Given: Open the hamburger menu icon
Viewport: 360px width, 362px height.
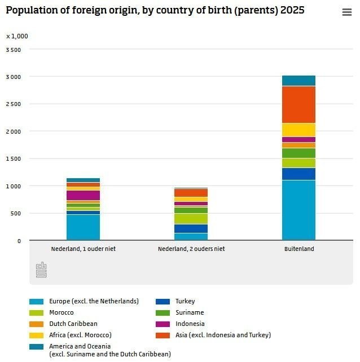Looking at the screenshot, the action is pyautogui.click(x=347, y=12).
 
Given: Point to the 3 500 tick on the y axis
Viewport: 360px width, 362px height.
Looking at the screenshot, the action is pyautogui.click(x=13, y=50).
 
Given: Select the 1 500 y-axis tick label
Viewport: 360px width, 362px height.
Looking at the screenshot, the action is pyautogui.click(x=13, y=159).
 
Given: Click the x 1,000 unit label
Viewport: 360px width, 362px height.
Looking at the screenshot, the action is pyautogui.click(x=17, y=36).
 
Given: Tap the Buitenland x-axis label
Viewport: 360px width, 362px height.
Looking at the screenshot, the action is pyautogui.click(x=299, y=249).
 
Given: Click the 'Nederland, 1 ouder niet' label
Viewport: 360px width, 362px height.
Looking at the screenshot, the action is pyautogui.click(x=83, y=249).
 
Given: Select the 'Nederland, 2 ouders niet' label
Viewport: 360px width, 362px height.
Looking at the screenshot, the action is pyautogui.click(x=191, y=249).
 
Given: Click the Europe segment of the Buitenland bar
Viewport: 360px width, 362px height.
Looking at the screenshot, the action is pyautogui.click(x=298, y=210).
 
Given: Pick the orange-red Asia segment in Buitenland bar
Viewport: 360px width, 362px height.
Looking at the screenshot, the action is pyautogui.click(x=298, y=104).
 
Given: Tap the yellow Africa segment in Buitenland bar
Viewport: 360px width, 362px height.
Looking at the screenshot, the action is pyautogui.click(x=298, y=130).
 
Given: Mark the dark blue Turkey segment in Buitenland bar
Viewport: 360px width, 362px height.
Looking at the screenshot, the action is pyautogui.click(x=298, y=174).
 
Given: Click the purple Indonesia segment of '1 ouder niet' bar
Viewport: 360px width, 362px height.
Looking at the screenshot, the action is pyautogui.click(x=83, y=195).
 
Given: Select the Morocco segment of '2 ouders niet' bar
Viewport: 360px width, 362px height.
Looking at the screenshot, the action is pyautogui.click(x=191, y=219).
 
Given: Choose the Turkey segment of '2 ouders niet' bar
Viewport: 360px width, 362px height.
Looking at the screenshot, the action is pyautogui.click(x=191, y=228).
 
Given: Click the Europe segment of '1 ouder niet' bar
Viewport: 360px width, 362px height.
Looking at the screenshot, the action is pyautogui.click(x=83, y=227).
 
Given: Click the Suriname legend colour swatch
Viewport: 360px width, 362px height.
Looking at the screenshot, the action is pyautogui.click(x=163, y=313).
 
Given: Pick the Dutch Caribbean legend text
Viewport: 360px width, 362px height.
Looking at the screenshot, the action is pyautogui.click(x=73, y=324).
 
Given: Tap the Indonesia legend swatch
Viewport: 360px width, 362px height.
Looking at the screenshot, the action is pyautogui.click(x=163, y=324).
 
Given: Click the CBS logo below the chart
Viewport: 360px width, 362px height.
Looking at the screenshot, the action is pyautogui.click(x=41, y=270).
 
